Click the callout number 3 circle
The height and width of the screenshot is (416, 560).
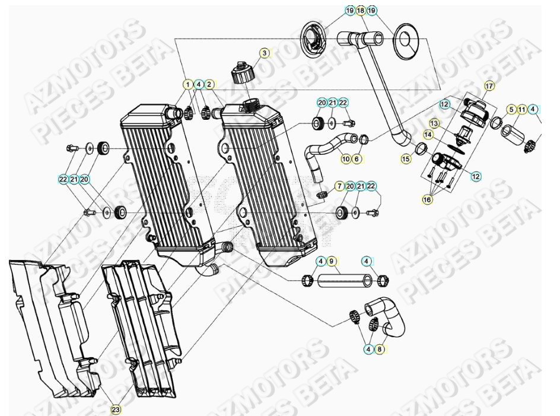coord(264,53)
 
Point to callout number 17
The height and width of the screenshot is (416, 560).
coord(489,86)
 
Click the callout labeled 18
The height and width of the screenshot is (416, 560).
coord(361,11)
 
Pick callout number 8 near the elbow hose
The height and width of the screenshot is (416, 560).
coord(380,350)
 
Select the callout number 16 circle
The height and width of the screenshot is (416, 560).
coord(427,200)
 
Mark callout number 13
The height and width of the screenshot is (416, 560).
coord(434,123)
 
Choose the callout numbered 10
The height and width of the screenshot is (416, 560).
coord(345,158)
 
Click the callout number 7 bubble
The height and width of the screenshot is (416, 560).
coord(339,186)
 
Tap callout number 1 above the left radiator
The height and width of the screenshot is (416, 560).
coord(188,84)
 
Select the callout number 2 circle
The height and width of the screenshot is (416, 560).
coord(209,84)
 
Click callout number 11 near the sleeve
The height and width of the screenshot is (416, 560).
coord(521,109)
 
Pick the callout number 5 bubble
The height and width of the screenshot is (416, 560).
coord(510,109)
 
